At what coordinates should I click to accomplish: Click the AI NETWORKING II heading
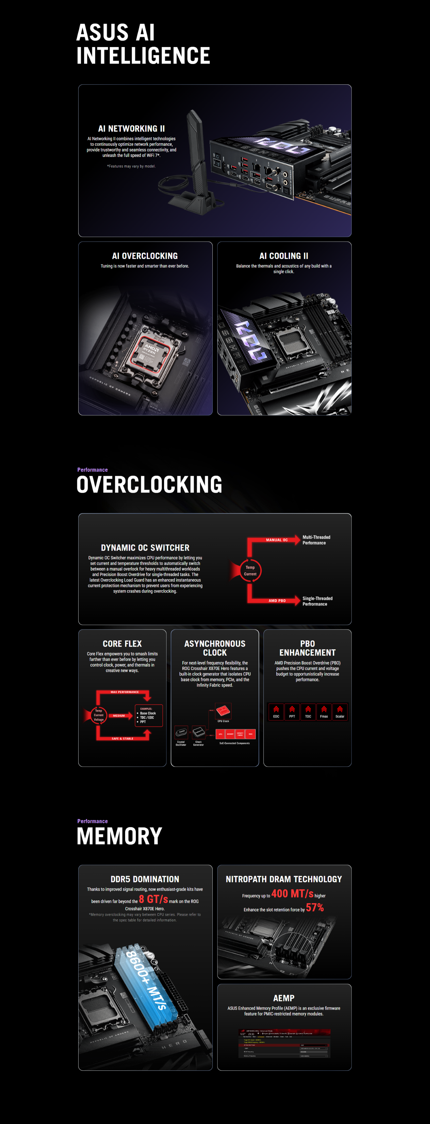[131, 129]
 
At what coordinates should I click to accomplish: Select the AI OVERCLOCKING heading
[145, 256]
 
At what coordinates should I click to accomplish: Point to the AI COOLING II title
[284, 256]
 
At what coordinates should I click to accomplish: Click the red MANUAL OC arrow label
[277, 540]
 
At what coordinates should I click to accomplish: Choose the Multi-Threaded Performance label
[316, 540]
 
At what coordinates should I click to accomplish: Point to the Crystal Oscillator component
[181, 733]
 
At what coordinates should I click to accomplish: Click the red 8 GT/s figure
[153, 899]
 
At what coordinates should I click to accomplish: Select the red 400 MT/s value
[292, 894]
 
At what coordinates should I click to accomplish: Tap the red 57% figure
[315, 908]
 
